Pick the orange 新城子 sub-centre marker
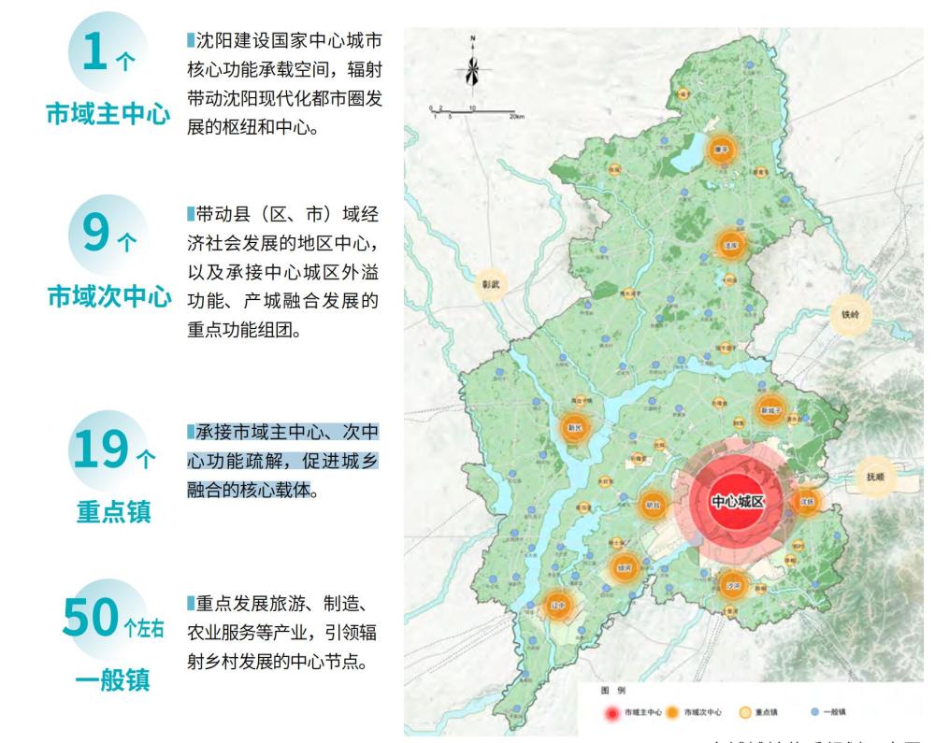[x=770, y=409]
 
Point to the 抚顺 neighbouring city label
[x=874, y=477]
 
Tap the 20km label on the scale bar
[x=516, y=115]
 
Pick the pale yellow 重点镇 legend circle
[x=745, y=712]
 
